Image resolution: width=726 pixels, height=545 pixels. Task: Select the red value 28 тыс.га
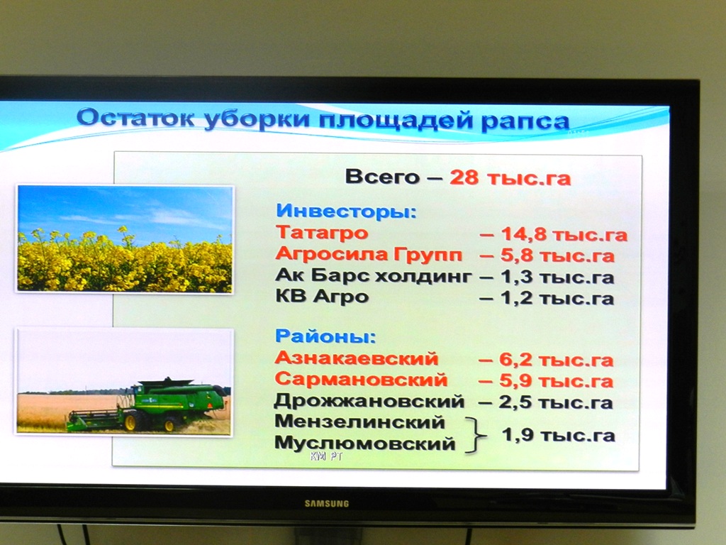click(x=510, y=177)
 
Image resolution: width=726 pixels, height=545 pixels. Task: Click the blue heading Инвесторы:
click(x=346, y=211)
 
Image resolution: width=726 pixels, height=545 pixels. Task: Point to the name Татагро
click(x=322, y=232)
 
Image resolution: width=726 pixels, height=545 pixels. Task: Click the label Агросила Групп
click(x=369, y=255)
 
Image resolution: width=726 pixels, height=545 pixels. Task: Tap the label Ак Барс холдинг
click(x=374, y=276)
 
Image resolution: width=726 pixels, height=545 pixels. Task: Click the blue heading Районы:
click(x=325, y=336)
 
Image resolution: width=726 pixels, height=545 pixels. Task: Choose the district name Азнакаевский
click(x=357, y=358)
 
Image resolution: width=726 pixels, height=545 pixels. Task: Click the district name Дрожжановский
click(x=369, y=402)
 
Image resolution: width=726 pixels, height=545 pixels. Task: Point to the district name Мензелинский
click(x=359, y=422)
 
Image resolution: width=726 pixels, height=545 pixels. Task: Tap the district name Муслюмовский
click(x=365, y=443)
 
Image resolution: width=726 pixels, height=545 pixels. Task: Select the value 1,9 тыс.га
click(x=559, y=435)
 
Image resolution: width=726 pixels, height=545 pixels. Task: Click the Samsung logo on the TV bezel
click(x=326, y=503)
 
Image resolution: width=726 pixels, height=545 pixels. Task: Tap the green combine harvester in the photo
click(x=148, y=405)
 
